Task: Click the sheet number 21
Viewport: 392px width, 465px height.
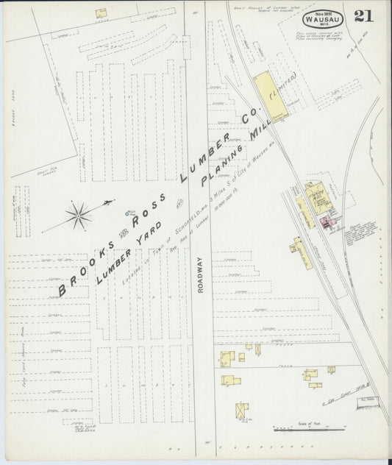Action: click(x=362, y=16)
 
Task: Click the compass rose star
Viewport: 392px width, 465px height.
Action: click(x=77, y=215)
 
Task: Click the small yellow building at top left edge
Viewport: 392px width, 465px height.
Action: click(x=100, y=13)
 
